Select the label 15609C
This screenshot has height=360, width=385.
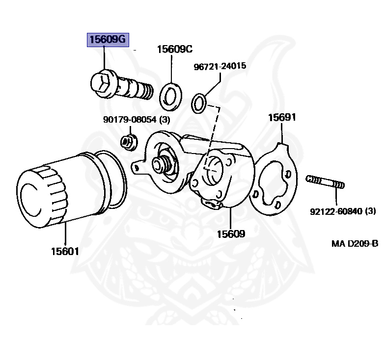174,49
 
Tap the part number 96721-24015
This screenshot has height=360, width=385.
220,66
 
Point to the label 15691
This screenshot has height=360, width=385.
282,118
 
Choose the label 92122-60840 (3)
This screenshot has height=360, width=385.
342,211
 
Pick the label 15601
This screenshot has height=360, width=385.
64,252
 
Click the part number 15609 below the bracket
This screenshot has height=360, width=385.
231,234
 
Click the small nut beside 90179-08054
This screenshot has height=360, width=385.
128,142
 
